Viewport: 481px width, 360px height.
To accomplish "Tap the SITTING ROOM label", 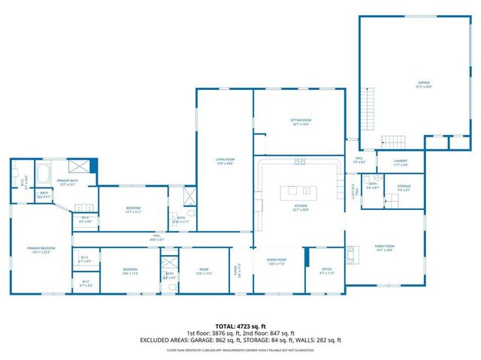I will pos(301,121).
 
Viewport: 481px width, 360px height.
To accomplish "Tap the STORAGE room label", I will pos(404,187).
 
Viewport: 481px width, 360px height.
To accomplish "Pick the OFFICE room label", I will pos(326,270).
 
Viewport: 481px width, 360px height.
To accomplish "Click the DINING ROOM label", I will pos(277,262).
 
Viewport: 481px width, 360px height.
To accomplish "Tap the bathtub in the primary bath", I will pos(43,174).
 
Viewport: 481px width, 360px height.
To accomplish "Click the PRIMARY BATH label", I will pos(67,182).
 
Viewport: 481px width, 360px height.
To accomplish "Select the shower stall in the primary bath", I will pos(78,166).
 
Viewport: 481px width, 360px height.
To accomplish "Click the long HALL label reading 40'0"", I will pos(157,238).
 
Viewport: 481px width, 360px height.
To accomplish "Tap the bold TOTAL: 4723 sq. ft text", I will pos(240,326).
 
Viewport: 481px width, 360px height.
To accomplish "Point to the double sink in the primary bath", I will pos(84,208).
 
